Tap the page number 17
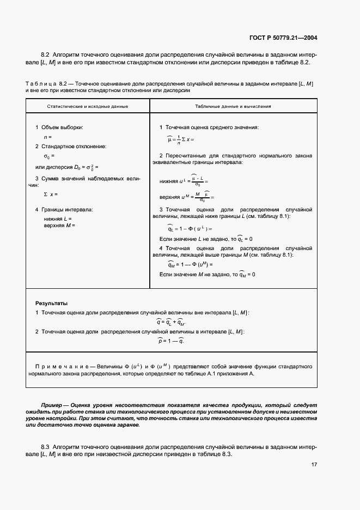[314, 464]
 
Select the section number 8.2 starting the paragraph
[45, 56]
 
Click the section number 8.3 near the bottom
[45, 447]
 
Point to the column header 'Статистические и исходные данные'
[88, 106]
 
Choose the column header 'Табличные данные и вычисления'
[233, 106]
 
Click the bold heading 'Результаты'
[52, 303]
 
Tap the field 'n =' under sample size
[48, 137]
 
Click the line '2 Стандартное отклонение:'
[70, 147]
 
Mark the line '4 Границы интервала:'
[64, 209]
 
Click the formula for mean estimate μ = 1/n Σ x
[180, 139]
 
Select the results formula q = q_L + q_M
[170, 322]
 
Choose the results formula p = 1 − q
[170, 341]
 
